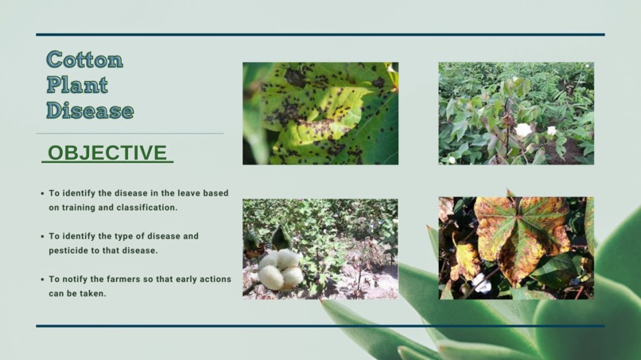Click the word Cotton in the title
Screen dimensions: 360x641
(84, 60)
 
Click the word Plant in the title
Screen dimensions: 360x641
(77, 85)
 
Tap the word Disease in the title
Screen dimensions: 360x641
(90, 110)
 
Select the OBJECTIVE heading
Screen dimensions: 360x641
(107, 153)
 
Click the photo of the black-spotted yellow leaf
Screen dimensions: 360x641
(320, 114)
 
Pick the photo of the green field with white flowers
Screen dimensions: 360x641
(515, 114)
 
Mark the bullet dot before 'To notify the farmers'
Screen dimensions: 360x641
(42, 280)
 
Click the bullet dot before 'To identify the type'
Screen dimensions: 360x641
(42, 237)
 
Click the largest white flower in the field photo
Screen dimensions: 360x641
(523, 130)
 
